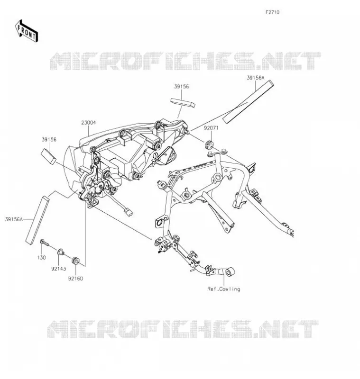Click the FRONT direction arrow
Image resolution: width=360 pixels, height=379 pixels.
[x=27, y=31]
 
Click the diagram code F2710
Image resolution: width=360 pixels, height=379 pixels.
[x=272, y=12]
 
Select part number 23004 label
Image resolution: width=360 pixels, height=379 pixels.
[x=88, y=123]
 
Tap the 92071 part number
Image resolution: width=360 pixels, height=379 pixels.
[x=211, y=128]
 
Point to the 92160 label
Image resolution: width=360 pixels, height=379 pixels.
[x=75, y=279]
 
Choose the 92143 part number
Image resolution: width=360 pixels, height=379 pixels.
[x=58, y=269]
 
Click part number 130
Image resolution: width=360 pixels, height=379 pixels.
[x=41, y=258]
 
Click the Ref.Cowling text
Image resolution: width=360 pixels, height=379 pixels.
[x=223, y=289]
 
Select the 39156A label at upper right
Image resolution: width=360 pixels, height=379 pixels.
[x=256, y=78]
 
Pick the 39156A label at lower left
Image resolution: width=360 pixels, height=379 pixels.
[x=14, y=219]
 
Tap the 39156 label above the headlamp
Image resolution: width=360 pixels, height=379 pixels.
[x=182, y=87]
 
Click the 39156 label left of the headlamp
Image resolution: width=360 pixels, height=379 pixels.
[x=49, y=139]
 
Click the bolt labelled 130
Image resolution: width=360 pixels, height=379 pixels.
[x=44, y=243]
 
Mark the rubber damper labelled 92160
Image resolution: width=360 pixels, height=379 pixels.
[x=76, y=261]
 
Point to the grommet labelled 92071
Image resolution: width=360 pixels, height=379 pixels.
[x=209, y=144]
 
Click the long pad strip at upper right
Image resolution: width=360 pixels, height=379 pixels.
[x=248, y=102]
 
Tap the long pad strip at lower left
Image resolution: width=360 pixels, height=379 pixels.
[x=37, y=220]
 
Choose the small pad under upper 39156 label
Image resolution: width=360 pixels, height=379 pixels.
[x=183, y=102]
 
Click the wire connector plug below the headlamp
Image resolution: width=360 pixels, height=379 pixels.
[x=129, y=212]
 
